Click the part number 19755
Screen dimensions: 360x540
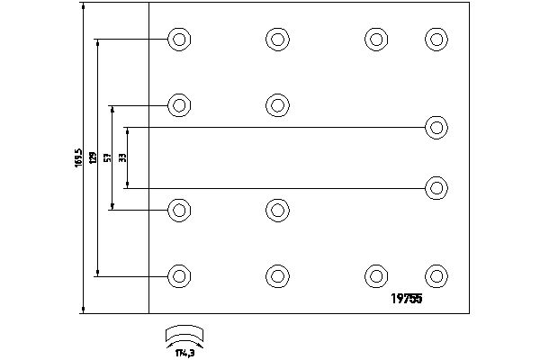click(404, 301)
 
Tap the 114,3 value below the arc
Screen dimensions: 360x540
click(185, 350)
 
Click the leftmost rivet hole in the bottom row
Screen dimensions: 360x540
click(180, 275)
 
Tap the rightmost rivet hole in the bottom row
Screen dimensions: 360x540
click(436, 275)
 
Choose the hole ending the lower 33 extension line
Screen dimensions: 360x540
click(436, 188)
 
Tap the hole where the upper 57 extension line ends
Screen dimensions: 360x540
click(180, 104)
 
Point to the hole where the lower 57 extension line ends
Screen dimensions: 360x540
click(180, 211)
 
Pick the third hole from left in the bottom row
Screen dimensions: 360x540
click(376, 275)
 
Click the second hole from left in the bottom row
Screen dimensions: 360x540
click(277, 275)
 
